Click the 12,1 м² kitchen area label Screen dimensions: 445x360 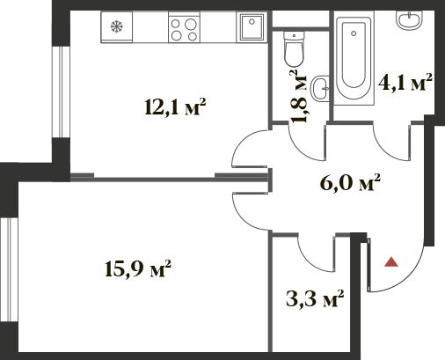point(175,107)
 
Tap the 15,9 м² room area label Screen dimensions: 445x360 point(137,268)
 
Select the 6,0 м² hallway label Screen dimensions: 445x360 point(350,183)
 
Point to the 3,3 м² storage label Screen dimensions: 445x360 point(315,298)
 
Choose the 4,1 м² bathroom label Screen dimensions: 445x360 point(405,83)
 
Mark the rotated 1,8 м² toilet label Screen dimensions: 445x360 point(298,96)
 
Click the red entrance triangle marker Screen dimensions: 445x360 point(391,262)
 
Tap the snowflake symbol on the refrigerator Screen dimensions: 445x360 point(117,27)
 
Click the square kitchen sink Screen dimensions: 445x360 point(252,27)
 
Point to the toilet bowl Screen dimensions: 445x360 point(294,49)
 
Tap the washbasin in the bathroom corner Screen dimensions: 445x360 point(409,20)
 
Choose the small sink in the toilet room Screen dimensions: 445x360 point(320,88)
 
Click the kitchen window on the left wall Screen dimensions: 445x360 point(61,92)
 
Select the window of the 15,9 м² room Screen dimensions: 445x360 point(9,269)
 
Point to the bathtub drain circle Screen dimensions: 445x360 point(354,33)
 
